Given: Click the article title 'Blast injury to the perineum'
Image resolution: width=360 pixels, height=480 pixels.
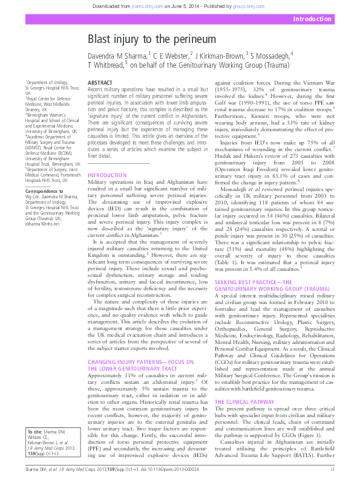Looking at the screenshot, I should tap(148, 40).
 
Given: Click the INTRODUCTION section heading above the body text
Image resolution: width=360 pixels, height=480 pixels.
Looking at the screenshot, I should tap(108, 158).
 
